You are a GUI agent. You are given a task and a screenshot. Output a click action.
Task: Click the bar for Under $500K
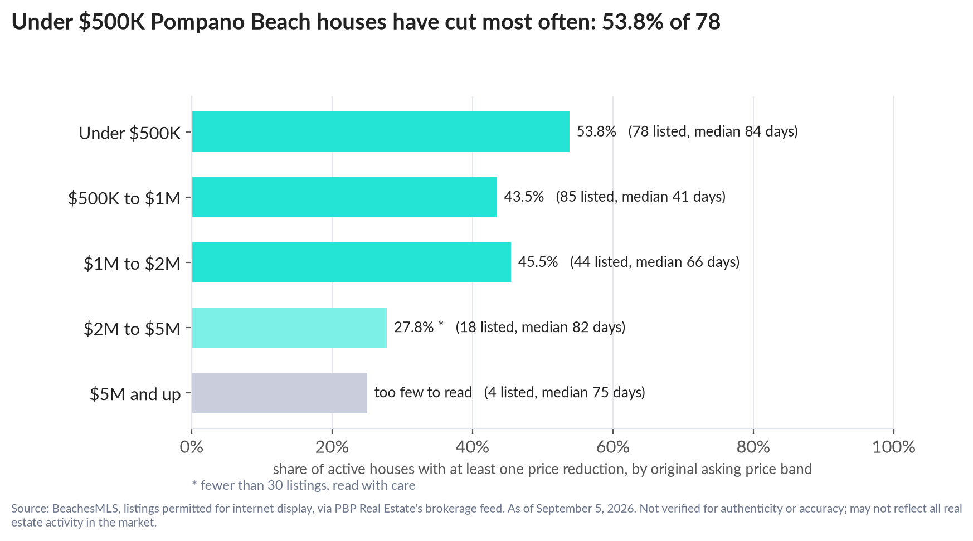(x=381, y=131)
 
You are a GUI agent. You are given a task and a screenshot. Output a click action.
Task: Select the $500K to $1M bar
(x=344, y=197)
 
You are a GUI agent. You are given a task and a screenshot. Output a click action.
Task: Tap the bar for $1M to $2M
(x=352, y=262)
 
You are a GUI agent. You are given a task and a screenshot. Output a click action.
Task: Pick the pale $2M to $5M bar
(x=289, y=328)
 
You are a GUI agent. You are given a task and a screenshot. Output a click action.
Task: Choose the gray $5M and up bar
(x=280, y=393)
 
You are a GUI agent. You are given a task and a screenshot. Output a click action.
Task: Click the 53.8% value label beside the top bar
(x=596, y=131)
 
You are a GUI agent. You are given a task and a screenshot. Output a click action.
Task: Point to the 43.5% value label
(x=524, y=197)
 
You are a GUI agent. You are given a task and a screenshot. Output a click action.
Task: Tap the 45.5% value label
(x=538, y=262)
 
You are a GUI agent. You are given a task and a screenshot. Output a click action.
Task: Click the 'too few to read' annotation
(x=423, y=392)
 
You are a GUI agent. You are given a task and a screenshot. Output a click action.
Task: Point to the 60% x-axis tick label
(x=613, y=447)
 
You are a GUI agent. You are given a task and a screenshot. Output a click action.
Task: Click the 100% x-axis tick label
(x=894, y=447)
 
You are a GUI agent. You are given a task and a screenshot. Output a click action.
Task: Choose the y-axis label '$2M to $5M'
(x=132, y=329)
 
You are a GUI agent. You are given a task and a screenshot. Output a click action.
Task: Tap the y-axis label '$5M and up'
(x=135, y=394)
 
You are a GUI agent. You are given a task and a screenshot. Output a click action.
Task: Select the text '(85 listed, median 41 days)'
(x=640, y=197)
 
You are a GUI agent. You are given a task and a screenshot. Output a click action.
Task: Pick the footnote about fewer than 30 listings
(x=304, y=485)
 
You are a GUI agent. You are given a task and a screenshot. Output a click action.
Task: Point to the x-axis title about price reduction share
(x=542, y=469)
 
